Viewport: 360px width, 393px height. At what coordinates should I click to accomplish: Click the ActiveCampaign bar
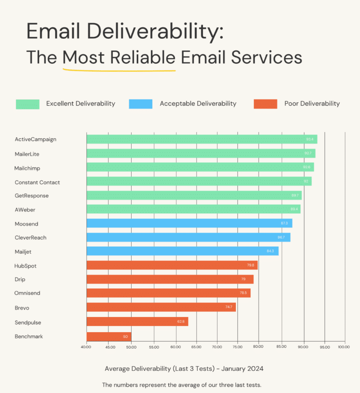201,139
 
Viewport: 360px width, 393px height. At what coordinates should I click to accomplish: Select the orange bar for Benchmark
109,336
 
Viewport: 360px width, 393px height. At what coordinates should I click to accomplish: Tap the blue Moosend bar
189,223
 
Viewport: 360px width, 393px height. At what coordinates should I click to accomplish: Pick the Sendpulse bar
137,322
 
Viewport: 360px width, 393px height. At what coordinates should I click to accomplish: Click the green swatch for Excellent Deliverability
27,104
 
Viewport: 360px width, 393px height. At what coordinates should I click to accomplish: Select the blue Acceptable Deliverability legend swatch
141,104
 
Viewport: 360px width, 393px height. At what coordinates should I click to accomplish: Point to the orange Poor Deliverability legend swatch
265,104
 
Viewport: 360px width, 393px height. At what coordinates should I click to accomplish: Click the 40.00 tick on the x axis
87,347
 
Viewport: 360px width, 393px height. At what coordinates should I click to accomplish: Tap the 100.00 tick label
344,347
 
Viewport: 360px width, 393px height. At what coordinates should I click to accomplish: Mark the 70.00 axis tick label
217,347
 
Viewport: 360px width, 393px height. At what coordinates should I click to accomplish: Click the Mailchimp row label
27,168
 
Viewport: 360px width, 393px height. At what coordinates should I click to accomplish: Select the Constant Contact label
37,183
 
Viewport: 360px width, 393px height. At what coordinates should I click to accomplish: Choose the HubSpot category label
25,266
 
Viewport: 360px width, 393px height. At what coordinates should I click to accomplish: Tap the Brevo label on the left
22,308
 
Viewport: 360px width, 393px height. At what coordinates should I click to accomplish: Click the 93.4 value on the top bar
310,139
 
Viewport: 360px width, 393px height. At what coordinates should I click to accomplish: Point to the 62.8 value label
181,322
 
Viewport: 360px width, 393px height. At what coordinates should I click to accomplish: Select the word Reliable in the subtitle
143,58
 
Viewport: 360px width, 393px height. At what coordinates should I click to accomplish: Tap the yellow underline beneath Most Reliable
119,70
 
